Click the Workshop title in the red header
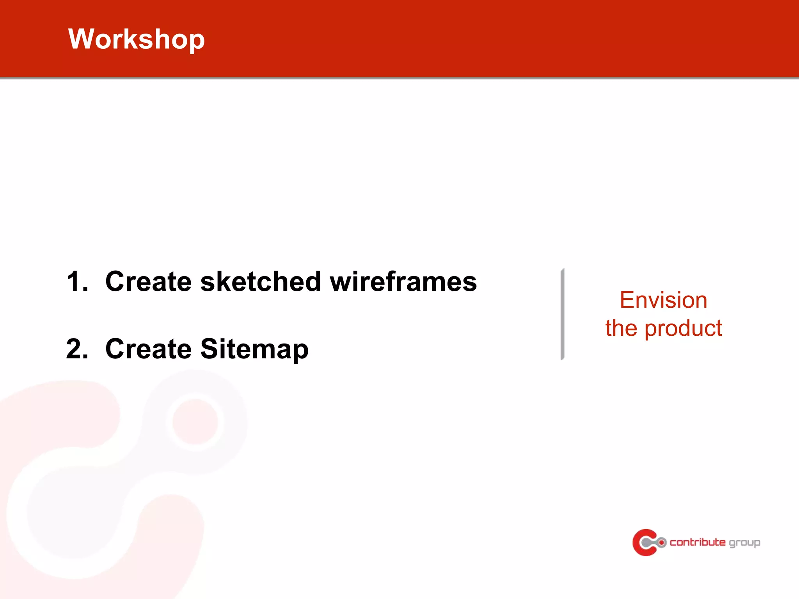[136, 39]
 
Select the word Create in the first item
[148, 281]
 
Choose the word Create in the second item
[148, 348]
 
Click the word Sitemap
[254, 349]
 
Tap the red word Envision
[663, 300]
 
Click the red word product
[683, 328]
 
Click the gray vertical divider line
[563, 314]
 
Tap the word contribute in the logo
[698, 542]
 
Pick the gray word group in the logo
[744, 543]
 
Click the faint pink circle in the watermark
[195, 422]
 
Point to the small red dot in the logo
[662, 542]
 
